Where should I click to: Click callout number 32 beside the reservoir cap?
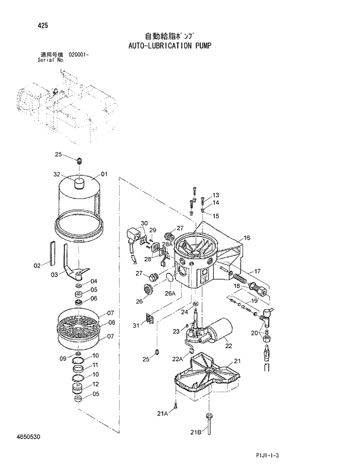pos(57,175)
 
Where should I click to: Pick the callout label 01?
pos(105,174)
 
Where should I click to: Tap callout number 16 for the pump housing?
pos(247,238)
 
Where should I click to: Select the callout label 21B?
pos(195,432)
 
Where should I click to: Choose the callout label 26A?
pos(170,294)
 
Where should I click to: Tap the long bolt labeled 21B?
pos(208,426)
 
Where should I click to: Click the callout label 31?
pos(136,325)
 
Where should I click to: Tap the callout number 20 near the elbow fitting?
pos(254,332)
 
